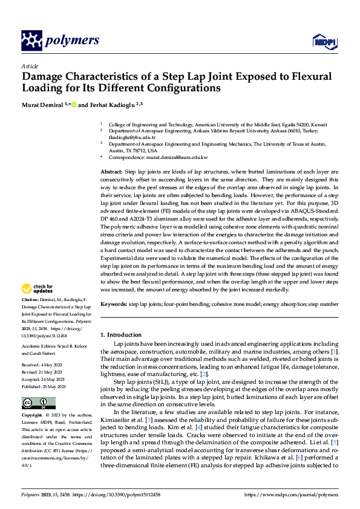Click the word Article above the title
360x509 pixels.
pos(29,65)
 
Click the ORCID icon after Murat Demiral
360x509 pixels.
pos(74,105)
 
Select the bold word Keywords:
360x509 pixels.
pos(113,304)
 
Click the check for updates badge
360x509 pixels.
pos(38,288)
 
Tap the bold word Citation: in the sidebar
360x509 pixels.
pos(32,299)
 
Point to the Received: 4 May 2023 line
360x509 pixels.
pos(44,365)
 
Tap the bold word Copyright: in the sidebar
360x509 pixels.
pos(34,416)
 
